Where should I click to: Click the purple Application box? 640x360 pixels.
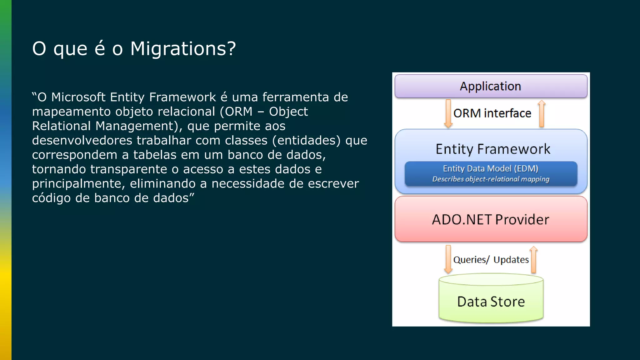[x=491, y=86]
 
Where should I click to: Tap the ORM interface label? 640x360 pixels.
[x=492, y=113]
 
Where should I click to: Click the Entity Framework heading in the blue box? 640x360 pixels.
[x=493, y=149]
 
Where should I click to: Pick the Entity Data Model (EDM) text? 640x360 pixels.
[x=491, y=169]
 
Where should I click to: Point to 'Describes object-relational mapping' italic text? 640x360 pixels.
[x=491, y=179]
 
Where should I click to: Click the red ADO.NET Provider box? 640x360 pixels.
[x=491, y=219]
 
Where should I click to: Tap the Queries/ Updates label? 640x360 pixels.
[x=491, y=260]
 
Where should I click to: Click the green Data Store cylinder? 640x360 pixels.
[x=491, y=302]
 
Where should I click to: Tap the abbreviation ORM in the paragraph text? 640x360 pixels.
[x=238, y=112]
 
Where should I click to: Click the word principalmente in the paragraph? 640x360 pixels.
[x=78, y=184]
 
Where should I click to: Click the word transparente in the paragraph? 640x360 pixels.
[x=129, y=169]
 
